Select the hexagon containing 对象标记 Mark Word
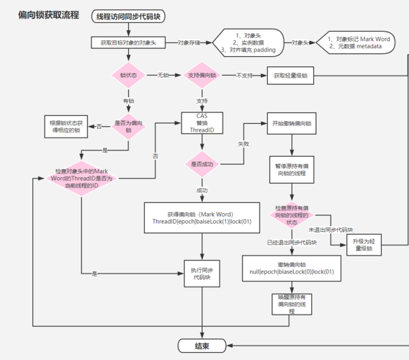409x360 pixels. tap(359, 42)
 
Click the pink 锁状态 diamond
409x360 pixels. tap(129, 75)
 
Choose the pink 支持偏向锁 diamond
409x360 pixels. tap(202, 75)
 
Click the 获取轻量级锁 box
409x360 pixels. tap(292, 76)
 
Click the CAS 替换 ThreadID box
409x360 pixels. tap(202, 123)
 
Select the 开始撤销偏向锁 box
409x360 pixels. tap(292, 123)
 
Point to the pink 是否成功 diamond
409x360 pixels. tap(202, 164)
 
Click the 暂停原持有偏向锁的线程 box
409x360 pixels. tap(292, 168)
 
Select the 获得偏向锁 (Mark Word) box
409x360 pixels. tap(202, 217)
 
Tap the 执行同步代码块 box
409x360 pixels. tap(202, 273)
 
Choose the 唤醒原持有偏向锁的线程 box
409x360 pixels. tap(292, 302)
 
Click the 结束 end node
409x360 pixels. tap(202, 346)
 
